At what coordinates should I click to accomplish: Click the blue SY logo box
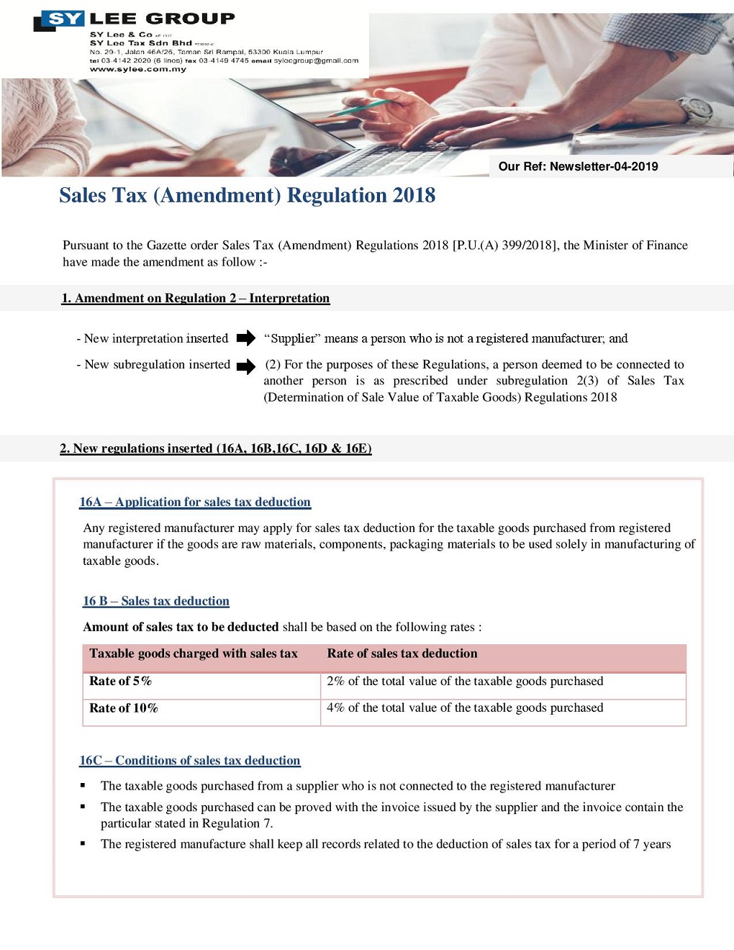coord(65,19)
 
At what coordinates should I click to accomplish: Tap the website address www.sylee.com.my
coord(137,69)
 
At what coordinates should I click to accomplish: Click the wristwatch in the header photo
coord(697,109)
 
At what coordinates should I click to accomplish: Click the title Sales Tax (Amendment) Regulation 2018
coord(247,195)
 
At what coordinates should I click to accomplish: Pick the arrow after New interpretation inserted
coord(246,338)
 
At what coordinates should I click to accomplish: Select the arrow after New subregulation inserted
coord(246,366)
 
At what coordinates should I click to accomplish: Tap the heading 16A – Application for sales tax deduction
coord(195,502)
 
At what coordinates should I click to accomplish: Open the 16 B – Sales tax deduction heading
coord(156,601)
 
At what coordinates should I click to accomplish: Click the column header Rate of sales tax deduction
coord(402,653)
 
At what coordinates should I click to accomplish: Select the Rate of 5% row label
coord(120,681)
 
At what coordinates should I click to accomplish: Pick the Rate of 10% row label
coord(123,708)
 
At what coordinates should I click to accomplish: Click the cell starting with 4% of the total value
coord(465,708)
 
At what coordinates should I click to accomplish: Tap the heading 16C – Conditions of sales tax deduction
coord(190,760)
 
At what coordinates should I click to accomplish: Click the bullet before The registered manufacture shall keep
coord(83,843)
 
